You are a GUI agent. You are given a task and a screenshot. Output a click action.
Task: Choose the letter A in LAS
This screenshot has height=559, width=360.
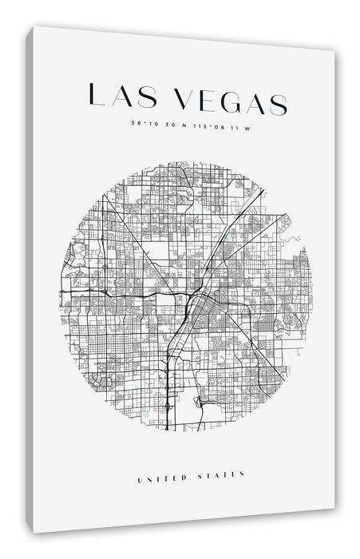point(123,97)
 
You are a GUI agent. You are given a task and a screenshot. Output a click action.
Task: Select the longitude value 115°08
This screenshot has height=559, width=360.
point(208,125)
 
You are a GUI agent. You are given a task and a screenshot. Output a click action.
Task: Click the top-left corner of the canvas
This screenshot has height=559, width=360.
point(34,29)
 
